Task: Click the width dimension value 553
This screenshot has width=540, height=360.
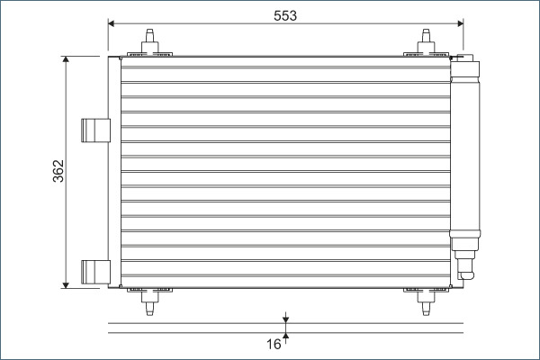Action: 284,14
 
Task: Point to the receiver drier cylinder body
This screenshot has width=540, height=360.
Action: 466,153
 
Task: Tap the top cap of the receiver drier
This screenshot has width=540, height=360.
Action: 466,63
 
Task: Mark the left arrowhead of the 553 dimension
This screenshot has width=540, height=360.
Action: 112,22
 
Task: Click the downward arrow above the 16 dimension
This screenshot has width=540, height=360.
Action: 285,319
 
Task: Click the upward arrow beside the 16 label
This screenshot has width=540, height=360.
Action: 285,337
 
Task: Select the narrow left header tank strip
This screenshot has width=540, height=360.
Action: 114,171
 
